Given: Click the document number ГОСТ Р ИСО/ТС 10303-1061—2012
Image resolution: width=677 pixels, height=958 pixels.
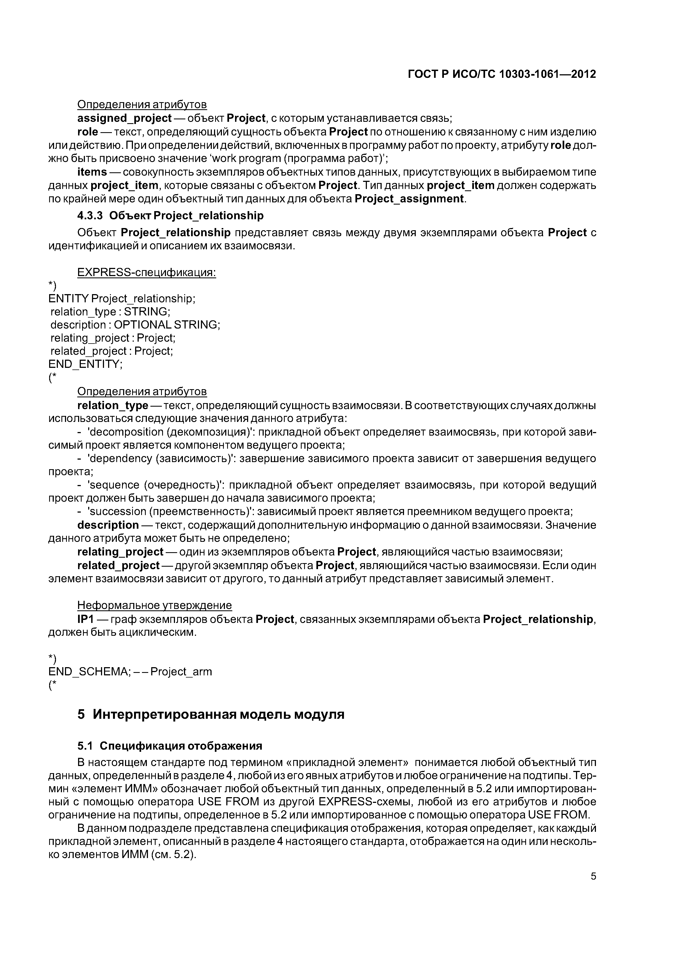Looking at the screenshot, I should click(502, 74).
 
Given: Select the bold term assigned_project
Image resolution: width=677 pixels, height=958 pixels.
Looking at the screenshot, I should click(124, 119).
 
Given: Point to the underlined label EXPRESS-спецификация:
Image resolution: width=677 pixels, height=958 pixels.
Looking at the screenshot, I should click(146, 273).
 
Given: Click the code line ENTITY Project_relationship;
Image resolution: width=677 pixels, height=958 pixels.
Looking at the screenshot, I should click(122, 299).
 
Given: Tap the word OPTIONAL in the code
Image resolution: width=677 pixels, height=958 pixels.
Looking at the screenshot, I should click(142, 325).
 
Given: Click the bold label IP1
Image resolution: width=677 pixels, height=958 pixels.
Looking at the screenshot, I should click(86, 619).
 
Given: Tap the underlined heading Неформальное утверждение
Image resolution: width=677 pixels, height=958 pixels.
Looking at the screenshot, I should click(154, 605).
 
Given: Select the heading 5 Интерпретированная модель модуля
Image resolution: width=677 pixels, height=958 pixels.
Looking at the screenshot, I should click(211, 714).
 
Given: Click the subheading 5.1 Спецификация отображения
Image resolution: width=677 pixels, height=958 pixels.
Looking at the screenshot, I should click(170, 746).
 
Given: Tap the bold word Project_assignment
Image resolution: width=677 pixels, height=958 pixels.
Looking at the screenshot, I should click(409, 199).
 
